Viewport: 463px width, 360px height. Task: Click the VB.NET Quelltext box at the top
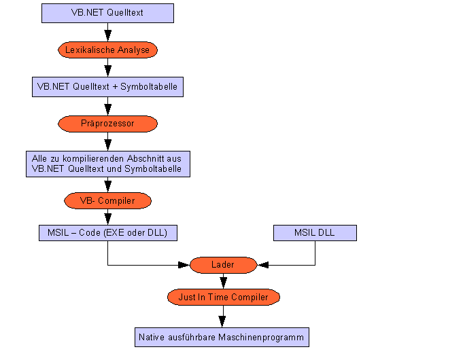click(107, 13)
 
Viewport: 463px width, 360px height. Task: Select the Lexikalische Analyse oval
click(107, 50)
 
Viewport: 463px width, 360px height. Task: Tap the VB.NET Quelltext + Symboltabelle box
click(107, 87)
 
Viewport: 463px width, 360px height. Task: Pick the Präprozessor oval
click(107, 124)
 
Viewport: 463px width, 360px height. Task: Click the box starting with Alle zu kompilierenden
click(107, 164)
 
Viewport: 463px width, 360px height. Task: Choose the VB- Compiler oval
click(107, 201)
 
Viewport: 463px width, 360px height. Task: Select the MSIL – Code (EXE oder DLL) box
click(107, 233)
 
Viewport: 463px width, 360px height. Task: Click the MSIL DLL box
click(315, 233)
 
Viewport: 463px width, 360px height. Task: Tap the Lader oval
click(222, 265)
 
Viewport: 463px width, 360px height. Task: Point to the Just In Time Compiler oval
click(223, 298)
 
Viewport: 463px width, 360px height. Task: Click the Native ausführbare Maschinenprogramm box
click(222, 337)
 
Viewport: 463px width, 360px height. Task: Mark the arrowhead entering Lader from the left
click(184, 265)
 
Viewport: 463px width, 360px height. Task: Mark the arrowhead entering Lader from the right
click(262, 265)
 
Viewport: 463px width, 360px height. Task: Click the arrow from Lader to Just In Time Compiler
click(222, 281)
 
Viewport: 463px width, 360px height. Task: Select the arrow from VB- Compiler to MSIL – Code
click(107, 217)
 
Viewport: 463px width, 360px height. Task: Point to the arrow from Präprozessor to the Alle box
click(107, 141)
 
